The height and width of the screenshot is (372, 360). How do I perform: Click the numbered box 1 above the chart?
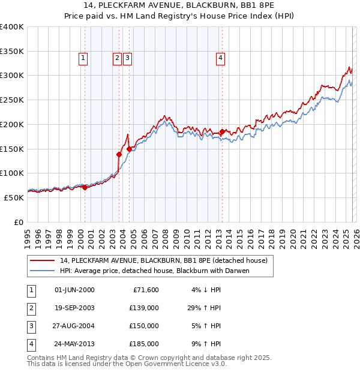point(83,58)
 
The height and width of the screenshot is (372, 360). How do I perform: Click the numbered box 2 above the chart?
point(117,58)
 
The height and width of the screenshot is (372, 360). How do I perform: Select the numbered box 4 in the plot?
point(221,58)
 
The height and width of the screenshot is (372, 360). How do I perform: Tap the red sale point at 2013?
point(222,131)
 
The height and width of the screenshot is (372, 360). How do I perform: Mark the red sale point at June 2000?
point(85,187)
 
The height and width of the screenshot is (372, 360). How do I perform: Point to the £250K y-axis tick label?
point(12,100)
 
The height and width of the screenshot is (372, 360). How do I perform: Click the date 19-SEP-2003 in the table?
point(74,308)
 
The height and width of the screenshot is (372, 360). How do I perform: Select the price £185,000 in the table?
point(143,344)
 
